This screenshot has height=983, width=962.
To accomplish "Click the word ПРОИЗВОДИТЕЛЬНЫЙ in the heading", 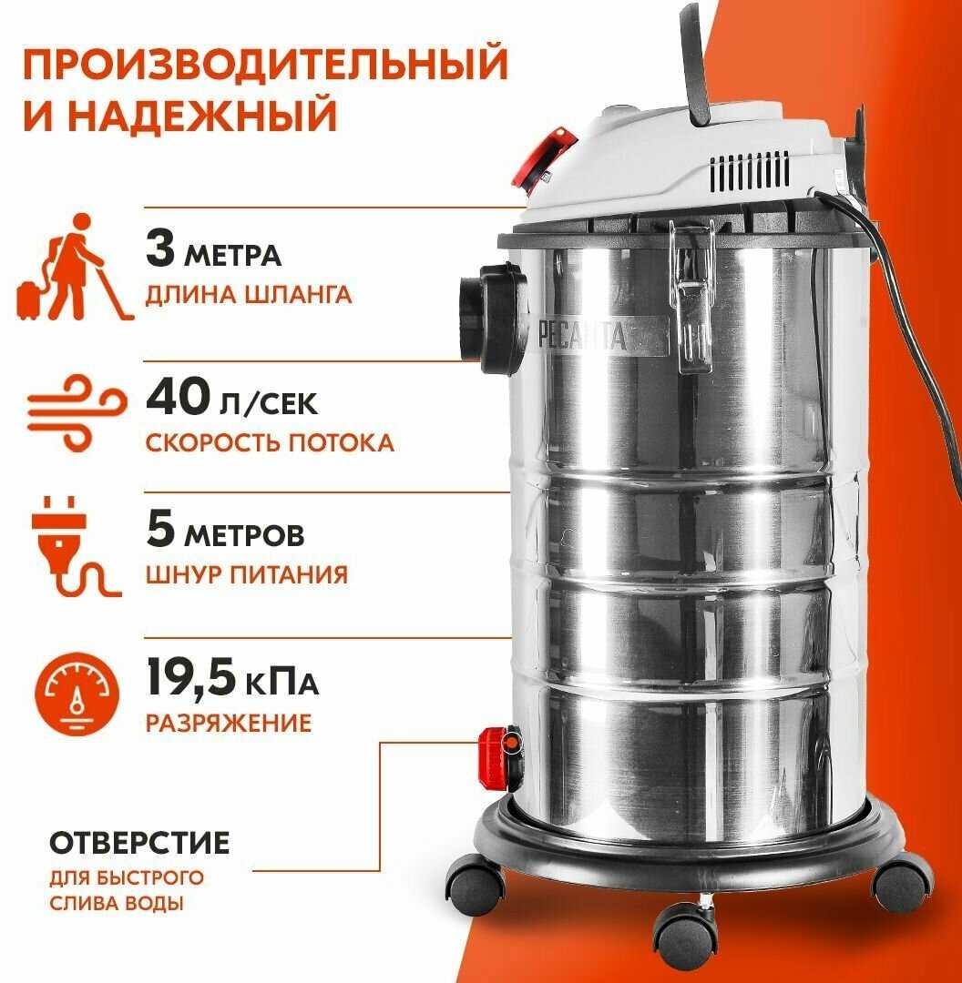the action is coord(265,63).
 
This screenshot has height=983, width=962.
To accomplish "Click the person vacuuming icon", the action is coord(74,268).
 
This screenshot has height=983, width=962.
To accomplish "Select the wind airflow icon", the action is coord(77,413).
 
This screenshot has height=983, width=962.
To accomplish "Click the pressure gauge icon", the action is coord(77,694).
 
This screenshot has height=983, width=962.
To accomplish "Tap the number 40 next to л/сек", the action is coord(179,398).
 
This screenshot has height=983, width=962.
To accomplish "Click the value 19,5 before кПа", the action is coord(191,678).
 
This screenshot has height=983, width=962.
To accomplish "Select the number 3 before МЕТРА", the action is coord(160,248).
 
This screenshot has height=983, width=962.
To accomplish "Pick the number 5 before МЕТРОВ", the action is coord(160,529).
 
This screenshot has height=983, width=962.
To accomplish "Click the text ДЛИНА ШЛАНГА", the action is coord(249,295).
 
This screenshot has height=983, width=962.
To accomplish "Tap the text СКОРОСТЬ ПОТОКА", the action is coord(270,442).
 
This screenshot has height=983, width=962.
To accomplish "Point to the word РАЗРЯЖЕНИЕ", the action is coord(229,723).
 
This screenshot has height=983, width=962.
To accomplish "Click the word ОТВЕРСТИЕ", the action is coord(139,843).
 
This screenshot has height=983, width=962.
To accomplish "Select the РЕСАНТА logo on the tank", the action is coord(583,336).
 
